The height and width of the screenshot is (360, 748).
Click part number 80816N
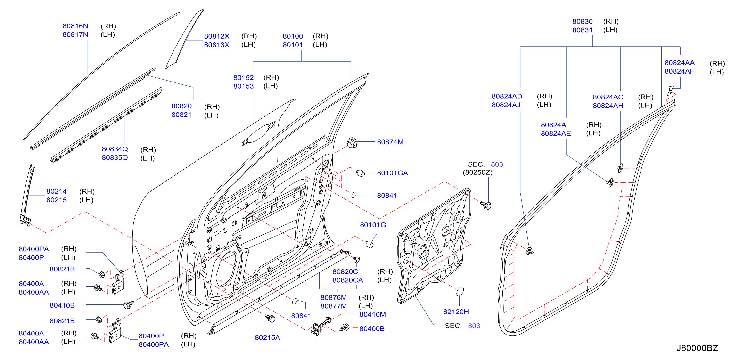75,26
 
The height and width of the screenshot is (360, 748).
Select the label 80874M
390,142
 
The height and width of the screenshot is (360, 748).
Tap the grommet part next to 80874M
352,143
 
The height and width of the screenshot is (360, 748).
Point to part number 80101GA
392,173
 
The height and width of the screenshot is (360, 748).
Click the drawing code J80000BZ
697,348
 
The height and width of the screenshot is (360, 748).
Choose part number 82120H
456,311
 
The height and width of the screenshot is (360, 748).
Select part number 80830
582,22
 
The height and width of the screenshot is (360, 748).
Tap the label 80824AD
507,96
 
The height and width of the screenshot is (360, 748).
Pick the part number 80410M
373,314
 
